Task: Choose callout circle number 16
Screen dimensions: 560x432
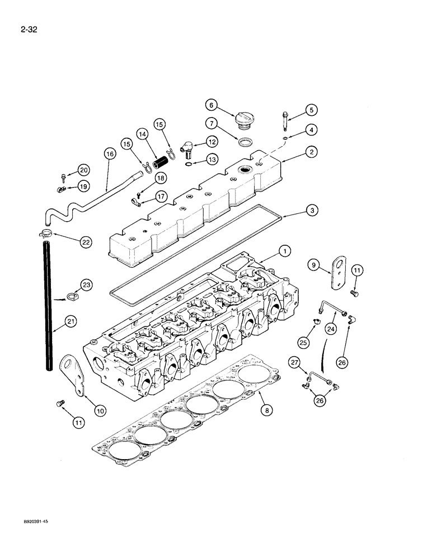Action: click(x=110, y=152)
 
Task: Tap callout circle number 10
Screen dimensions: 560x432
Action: click(x=99, y=410)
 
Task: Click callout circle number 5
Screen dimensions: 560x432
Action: click(x=312, y=110)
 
